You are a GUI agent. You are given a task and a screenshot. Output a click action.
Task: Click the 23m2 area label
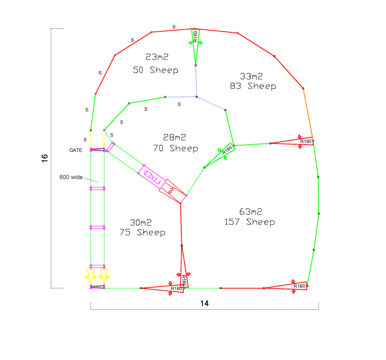click(x=157, y=57)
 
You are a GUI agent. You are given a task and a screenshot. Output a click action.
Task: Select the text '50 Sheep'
click(x=156, y=70)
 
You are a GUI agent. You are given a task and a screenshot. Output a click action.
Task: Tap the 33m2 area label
click(x=251, y=76)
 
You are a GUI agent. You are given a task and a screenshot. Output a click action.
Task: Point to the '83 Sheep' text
click(x=253, y=86)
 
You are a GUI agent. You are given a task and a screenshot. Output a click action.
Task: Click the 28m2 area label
click(x=175, y=137)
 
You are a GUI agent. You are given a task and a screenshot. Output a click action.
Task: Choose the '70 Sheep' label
click(x=175, y=149)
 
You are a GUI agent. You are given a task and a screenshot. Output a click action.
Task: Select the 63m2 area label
click(x=250, y=211)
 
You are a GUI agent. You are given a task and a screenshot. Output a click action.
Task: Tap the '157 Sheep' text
click(x=250, y=222)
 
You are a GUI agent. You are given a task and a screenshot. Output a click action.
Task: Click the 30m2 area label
click(x=140, y=223)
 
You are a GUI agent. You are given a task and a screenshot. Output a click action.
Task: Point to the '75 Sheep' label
click(x=142, y=233)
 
